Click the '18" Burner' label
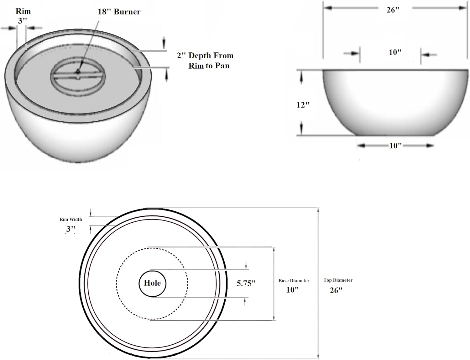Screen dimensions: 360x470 [x=119, y=12]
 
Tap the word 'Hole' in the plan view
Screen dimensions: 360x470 [x=152, y=283]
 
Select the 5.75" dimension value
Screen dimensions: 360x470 [x=246, y=283]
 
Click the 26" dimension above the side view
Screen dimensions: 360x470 [x=393, y=10]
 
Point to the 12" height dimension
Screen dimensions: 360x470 [x=303, y=105]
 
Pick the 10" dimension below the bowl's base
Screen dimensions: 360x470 [x=395, y=146]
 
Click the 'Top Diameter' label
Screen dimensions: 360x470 [x=338, y=280]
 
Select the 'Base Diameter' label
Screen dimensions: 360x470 [x=294, y=281]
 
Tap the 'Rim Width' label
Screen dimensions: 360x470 [x=70, y=219]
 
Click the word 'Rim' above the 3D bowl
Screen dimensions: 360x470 [x=23, y=11]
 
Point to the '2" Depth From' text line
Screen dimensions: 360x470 [x=205, y=56]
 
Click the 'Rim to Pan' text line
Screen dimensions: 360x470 [x=209, y=66]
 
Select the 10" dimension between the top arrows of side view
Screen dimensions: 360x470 [x=395, y=52]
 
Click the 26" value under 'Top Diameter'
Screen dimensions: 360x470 [x=336, y=290]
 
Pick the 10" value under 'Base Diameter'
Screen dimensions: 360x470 [x=292, y=290]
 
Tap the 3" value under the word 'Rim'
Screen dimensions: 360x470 [x=22, y=21]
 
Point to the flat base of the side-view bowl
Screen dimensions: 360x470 [x=395, y=135]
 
